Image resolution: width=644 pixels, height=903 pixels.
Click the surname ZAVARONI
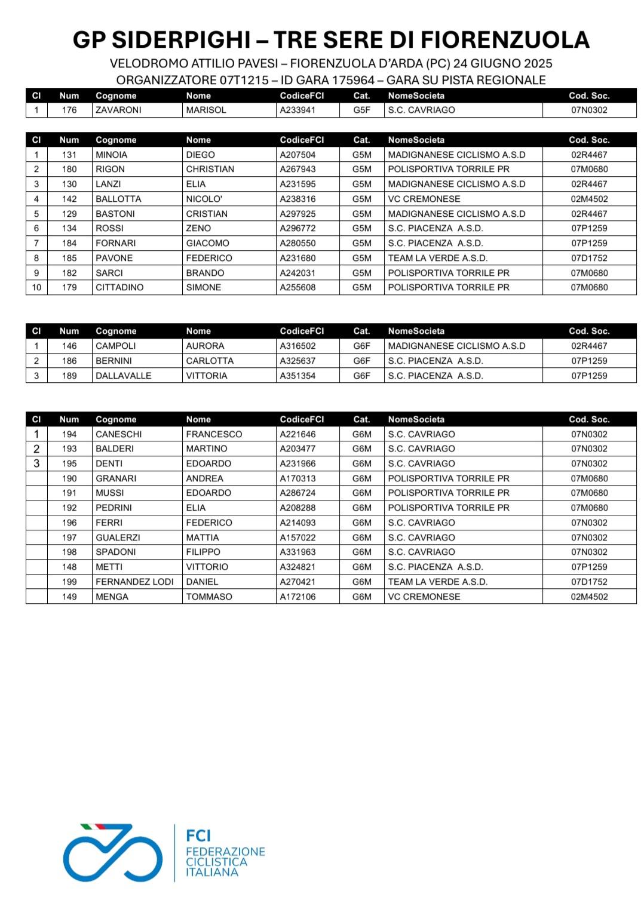click(118, 110)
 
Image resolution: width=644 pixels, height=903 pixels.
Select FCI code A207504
click(298, 155)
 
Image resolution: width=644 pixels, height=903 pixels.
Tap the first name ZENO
click(198, 228)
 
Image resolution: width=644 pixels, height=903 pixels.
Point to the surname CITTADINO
click(119, 287)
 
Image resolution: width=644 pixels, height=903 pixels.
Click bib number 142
click(69, 199)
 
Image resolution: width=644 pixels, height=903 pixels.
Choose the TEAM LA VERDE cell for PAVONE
click(437, 258)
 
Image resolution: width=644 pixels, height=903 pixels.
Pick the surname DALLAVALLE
click(123, 376)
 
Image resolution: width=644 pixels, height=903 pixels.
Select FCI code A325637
click(298, 361)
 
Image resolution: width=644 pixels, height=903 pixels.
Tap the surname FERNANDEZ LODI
click(134, 582)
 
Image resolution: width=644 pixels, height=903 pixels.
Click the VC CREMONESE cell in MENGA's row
click(424, 597)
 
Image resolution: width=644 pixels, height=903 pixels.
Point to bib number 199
click(69, 582)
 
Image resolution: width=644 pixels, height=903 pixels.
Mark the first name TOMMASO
click(208, 597)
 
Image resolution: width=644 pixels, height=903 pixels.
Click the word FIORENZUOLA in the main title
click(505, 40)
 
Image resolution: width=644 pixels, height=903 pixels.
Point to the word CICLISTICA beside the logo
click(216, 862)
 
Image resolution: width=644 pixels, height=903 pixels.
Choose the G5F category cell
click(361, 110)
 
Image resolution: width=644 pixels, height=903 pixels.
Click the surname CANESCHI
click(118, 434)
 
